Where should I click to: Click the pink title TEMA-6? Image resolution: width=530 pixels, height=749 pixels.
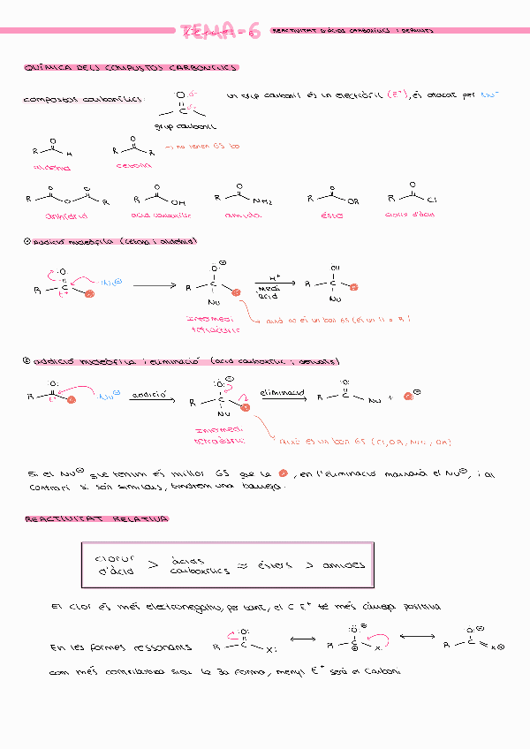[220, 33]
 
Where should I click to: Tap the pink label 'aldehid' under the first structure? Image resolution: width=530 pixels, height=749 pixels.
[52, 166]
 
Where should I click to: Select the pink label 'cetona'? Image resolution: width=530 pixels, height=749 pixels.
[133, 165]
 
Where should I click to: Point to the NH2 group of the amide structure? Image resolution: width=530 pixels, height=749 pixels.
[262, 200]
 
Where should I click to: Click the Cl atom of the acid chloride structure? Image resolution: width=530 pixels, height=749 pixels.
[432, 200]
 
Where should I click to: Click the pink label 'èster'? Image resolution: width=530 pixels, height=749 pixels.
[332, 215]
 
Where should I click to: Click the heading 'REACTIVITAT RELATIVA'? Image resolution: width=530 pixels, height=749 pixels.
[97, 518]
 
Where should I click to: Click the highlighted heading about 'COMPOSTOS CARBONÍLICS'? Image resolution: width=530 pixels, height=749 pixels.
[132, 68]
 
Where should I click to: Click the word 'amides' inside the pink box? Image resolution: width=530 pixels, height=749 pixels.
[344, 565]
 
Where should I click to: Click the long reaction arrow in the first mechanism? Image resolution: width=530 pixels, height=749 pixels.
[155, 286]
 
